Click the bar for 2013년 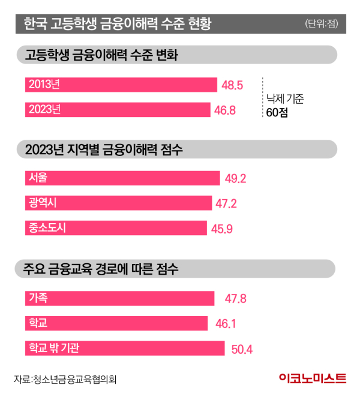121,85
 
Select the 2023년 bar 118,110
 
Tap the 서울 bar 122,178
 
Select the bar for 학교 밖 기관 125,348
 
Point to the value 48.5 232,85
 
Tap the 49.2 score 235,179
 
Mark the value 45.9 221,228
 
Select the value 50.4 241,348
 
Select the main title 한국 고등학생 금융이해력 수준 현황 117,25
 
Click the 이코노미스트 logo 313,379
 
